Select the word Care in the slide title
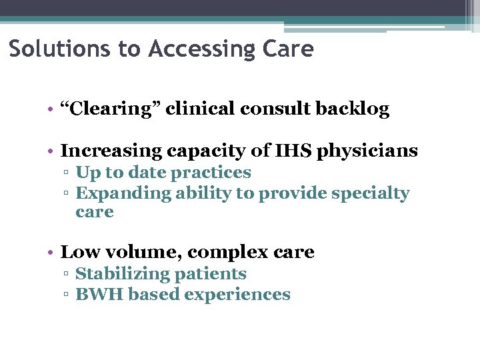291,49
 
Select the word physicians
369,151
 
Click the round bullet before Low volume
51,253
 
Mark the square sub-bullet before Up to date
67,173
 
